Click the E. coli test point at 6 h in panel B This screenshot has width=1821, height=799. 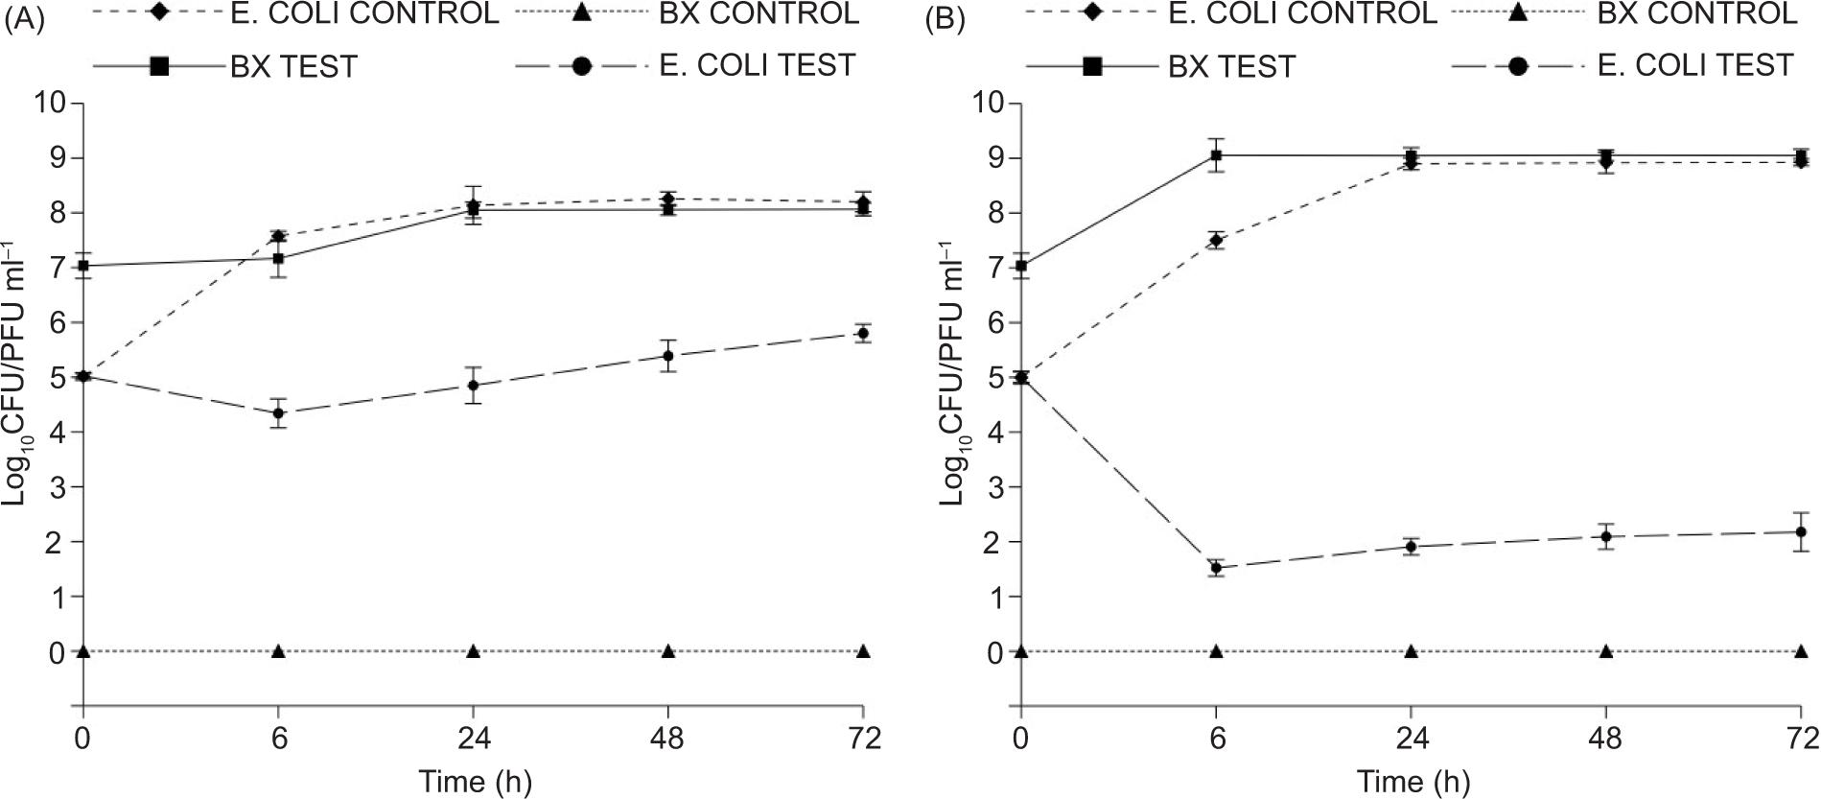tap(1217, 567)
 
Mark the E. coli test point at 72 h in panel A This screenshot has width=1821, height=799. tap(863, 334)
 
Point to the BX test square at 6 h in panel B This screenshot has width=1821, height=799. tap(1217, 155)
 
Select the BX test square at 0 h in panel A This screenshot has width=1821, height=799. tap(83, 266)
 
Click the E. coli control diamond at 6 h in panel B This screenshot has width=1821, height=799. tap(1217, 240)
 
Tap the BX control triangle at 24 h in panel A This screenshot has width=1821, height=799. tap(473, 651)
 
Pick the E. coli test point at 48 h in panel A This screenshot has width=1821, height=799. tap(668, 356)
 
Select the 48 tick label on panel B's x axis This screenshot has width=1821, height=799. tap(1605, 739)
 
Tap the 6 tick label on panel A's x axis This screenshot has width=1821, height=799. tap(278, 739)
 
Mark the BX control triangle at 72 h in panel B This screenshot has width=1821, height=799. tap(1801, 651)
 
